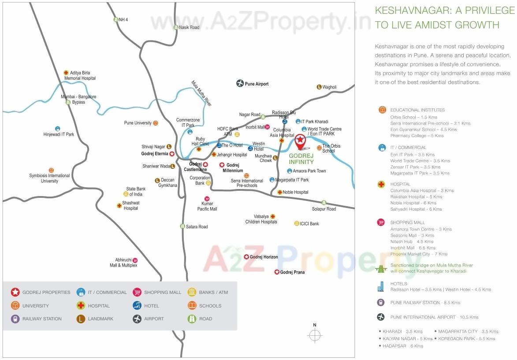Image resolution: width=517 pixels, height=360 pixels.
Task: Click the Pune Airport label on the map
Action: coord(257,84)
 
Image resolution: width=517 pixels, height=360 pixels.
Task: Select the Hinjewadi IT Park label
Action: coord(59,134)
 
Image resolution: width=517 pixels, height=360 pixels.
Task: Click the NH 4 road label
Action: coord(123,20)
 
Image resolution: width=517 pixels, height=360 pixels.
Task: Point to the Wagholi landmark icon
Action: coord(319,87)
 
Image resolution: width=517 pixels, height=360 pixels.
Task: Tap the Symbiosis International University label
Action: coord(49,178)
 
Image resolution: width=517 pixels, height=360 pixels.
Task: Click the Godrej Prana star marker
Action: coord(277,272)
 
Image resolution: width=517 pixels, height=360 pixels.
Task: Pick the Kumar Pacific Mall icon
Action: coord(207,199)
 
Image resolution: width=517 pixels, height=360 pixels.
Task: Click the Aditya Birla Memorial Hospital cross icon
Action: coord(66,73)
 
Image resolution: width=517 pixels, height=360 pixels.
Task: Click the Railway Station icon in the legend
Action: coord(15,319)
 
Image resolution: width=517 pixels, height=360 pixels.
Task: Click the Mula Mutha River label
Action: coord(202,93)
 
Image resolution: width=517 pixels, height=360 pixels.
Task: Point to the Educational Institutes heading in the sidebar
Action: coord(417,110)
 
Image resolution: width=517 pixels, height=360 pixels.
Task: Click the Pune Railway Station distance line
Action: coord(425,303)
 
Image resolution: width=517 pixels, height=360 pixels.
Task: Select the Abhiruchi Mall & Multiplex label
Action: coord(123,263)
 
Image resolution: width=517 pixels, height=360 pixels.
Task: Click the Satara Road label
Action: coord(197,226)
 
